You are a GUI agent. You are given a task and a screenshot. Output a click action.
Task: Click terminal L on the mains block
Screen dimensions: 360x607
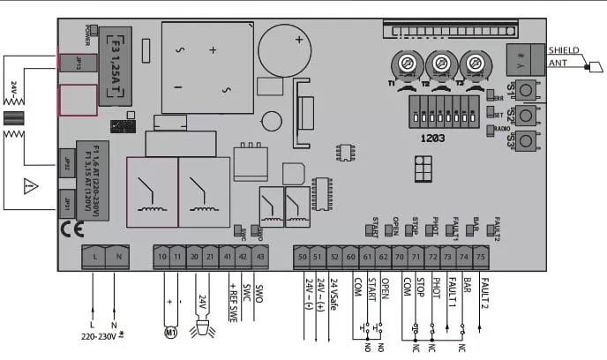94,256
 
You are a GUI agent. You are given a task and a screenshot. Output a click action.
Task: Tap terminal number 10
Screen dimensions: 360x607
161,256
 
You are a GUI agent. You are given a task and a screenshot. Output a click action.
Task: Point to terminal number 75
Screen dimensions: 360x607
480,256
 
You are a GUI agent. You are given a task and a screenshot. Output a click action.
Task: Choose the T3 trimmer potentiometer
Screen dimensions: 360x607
476,65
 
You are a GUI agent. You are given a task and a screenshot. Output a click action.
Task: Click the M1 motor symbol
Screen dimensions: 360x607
172,333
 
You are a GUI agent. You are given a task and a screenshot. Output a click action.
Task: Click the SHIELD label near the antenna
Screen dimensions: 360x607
564,49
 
